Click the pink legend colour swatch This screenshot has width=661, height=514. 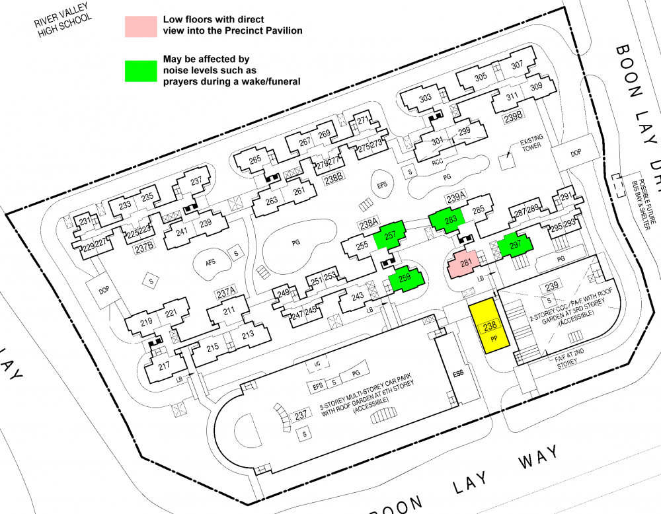[141, 26]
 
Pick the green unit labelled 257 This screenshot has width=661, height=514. [390, 235]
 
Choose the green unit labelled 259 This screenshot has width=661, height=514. [405, 279]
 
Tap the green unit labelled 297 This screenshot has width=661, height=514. [516, 246]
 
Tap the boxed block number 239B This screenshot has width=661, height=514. [514, 118]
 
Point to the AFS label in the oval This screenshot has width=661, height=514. [211, 262]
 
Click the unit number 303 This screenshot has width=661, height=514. [425, 98]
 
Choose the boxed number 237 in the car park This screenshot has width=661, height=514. [301, 415]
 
